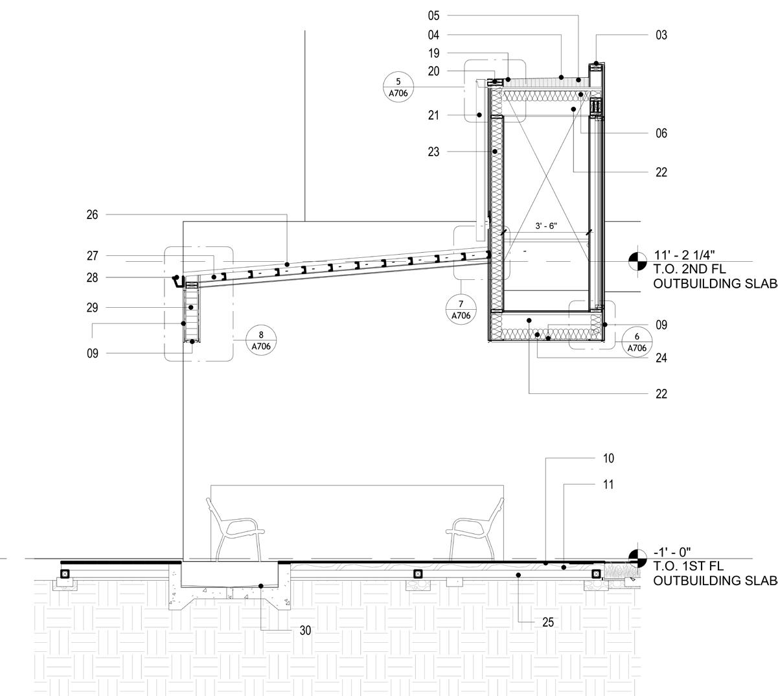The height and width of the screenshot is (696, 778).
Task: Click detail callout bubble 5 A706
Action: tap(398, 87)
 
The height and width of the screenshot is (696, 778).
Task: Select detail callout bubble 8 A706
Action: tap(261, 340)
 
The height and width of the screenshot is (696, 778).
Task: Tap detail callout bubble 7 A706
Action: tap(461, 310)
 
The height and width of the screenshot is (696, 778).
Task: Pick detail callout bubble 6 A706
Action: tap(637, 342)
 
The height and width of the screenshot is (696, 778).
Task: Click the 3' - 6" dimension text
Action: tap(546, 226)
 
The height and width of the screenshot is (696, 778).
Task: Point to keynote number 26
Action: tap(92, 215)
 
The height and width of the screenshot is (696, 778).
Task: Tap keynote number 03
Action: tap(661, 35)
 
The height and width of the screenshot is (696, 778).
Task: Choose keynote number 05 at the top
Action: tap(433, 16)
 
